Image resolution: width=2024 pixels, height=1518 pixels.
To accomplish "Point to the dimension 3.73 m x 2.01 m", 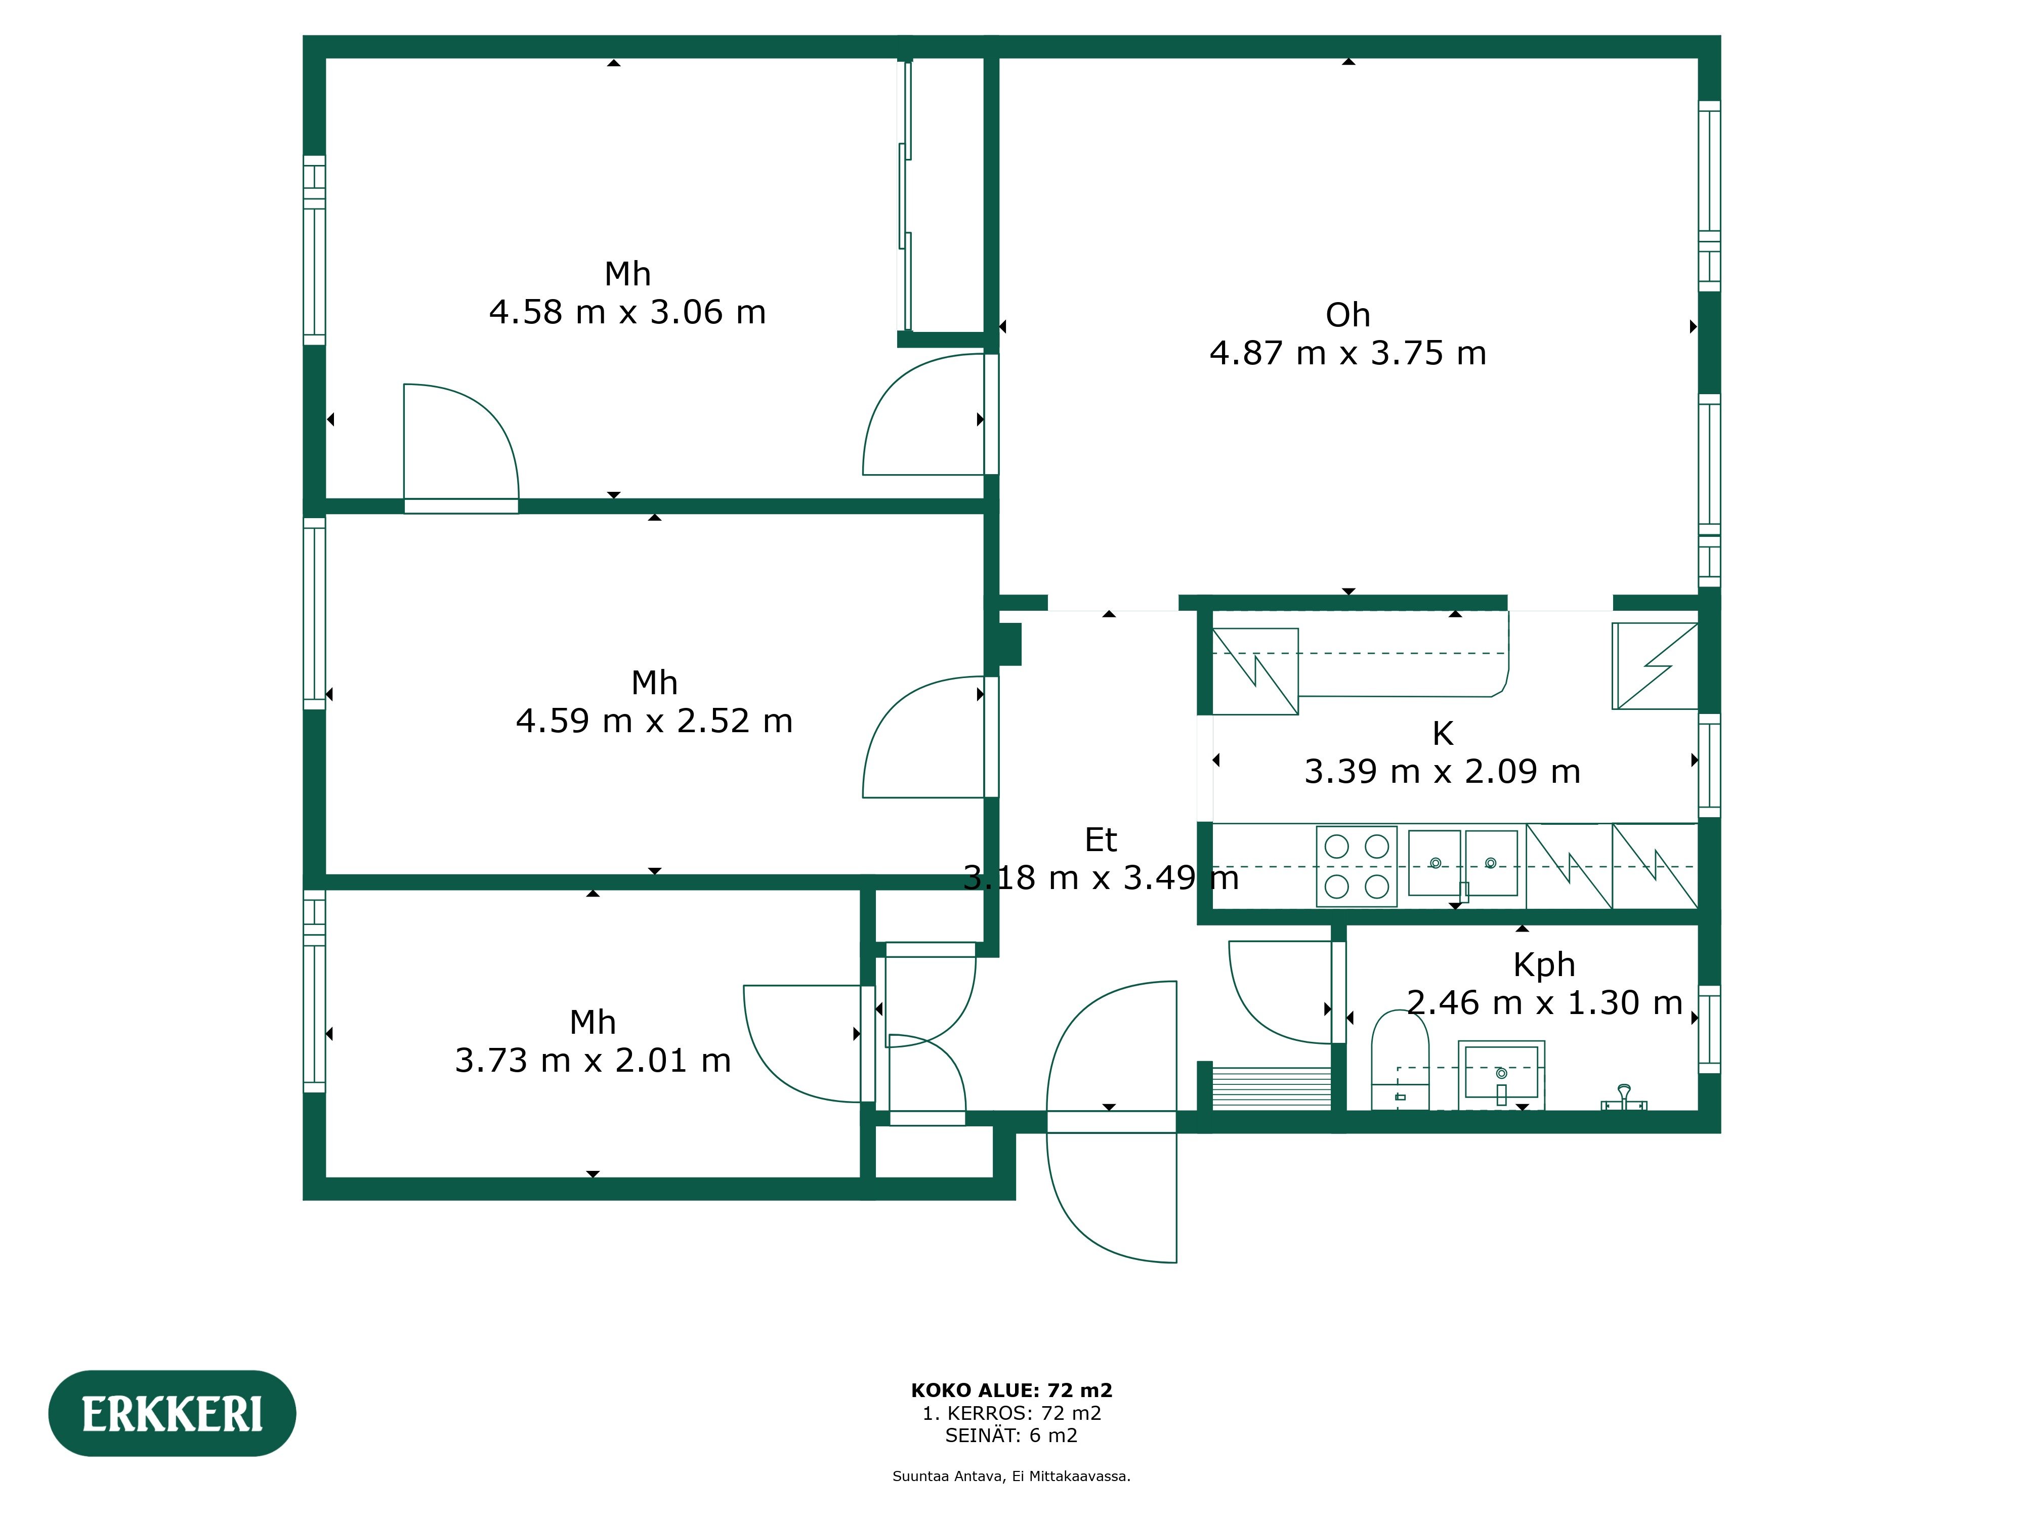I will point(593,1061).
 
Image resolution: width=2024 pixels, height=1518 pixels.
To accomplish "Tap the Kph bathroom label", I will point(1544,964).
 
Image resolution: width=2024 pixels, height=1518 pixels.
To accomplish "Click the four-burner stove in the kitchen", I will point(1356,866).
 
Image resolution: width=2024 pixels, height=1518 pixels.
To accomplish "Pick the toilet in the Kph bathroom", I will point(1400,1062).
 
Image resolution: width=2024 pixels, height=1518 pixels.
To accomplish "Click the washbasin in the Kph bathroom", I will point(1501,1072).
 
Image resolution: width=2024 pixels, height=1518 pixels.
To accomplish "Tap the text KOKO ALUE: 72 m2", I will point(1011,1390).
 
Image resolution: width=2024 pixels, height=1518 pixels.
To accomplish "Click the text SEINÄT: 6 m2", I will point(1011,1435).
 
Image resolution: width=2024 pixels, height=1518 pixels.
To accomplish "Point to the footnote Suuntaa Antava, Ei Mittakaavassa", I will point(1011,1476).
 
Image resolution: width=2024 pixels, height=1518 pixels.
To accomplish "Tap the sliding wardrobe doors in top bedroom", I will point(905,197).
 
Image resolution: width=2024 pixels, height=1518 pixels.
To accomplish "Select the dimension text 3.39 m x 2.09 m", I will point(1442,771).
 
